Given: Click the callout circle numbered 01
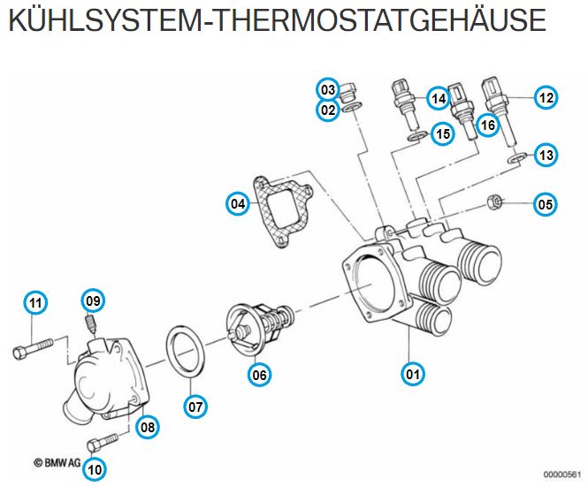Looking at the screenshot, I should coord(411,373).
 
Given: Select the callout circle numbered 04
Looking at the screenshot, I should coord(238,204).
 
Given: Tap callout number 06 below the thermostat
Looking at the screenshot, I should coord(259,374).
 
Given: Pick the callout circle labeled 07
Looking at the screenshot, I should coord(195,407).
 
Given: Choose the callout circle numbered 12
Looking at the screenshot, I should coord(546,98).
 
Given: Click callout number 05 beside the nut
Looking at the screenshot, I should coord(546,204).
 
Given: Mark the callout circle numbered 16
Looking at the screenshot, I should coord(487,125).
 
